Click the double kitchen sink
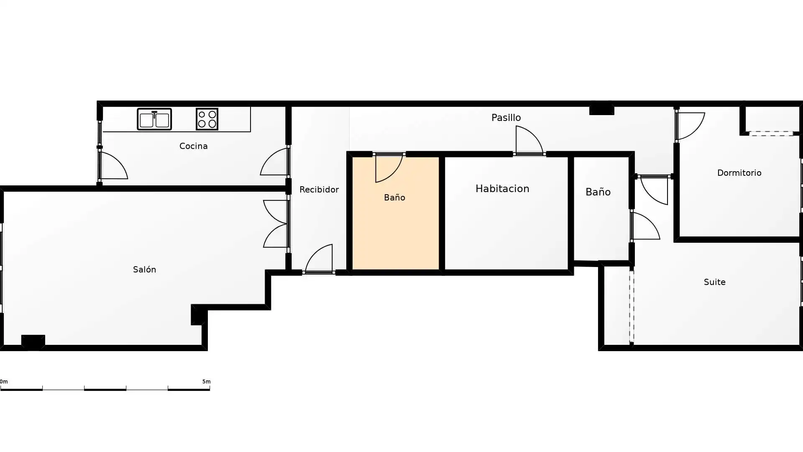click(154, 119)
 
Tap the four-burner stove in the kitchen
click(207, 119)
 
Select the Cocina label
click(193, 146)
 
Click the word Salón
click(144, 270)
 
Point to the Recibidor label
click(319, 190)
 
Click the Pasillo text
click(506, 118)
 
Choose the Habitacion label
click(502, 189)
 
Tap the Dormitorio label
click(739, 173)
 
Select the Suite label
click(714, 282)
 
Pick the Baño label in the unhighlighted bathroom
click(598, 192)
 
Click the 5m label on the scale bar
click(206, 382)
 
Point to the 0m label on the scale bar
click(4, 382)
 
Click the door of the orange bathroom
click(389, 167)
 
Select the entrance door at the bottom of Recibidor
click(319, 259)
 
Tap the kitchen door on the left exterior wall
click(113, 166)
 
